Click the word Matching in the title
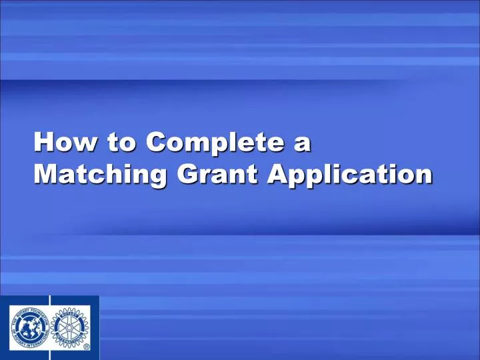click(x=100, y=175)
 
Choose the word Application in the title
click(x=348, y=175)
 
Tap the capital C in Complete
click(x=157, y=143)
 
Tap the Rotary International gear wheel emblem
click(x=71, y=328)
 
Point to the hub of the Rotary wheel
click(x=71, y=328)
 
